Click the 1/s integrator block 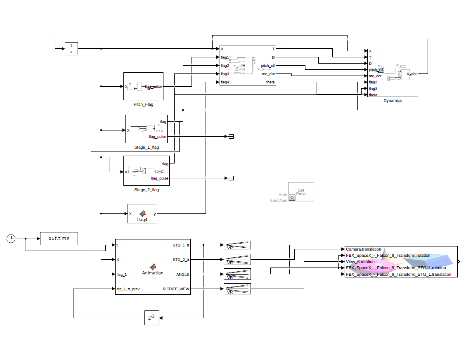(71, 48)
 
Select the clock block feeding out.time (11, 238)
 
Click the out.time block (59, 239)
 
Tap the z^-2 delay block (151, 318)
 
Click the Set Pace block (301, 192)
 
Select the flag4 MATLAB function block (142, 213)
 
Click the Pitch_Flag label (143, 104)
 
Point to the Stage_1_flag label (146, 147)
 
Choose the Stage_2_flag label (146, 190)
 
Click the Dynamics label (392, 101)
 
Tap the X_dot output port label (411, 74)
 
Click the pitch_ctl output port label (267, 66)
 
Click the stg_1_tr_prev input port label (128, 289)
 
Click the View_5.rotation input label (360, 262)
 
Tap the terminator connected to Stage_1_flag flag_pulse (231, 136)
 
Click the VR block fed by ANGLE (237, 274)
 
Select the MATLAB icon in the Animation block (152, 267)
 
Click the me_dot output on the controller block (268, 74)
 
